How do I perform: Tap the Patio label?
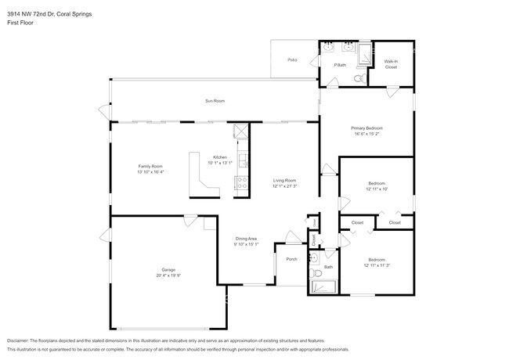click(292, 59)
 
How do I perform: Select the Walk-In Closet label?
click(390, 64)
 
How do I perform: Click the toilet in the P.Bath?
click(359, 78)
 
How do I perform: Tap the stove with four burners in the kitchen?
click(242, 185)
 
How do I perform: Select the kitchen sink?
click(243, 161)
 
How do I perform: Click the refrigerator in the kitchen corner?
click(240, 131)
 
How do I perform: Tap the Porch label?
click(291, 259)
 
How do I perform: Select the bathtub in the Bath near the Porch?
click(322, 287)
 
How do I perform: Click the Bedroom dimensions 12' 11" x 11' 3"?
click(377, 264)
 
